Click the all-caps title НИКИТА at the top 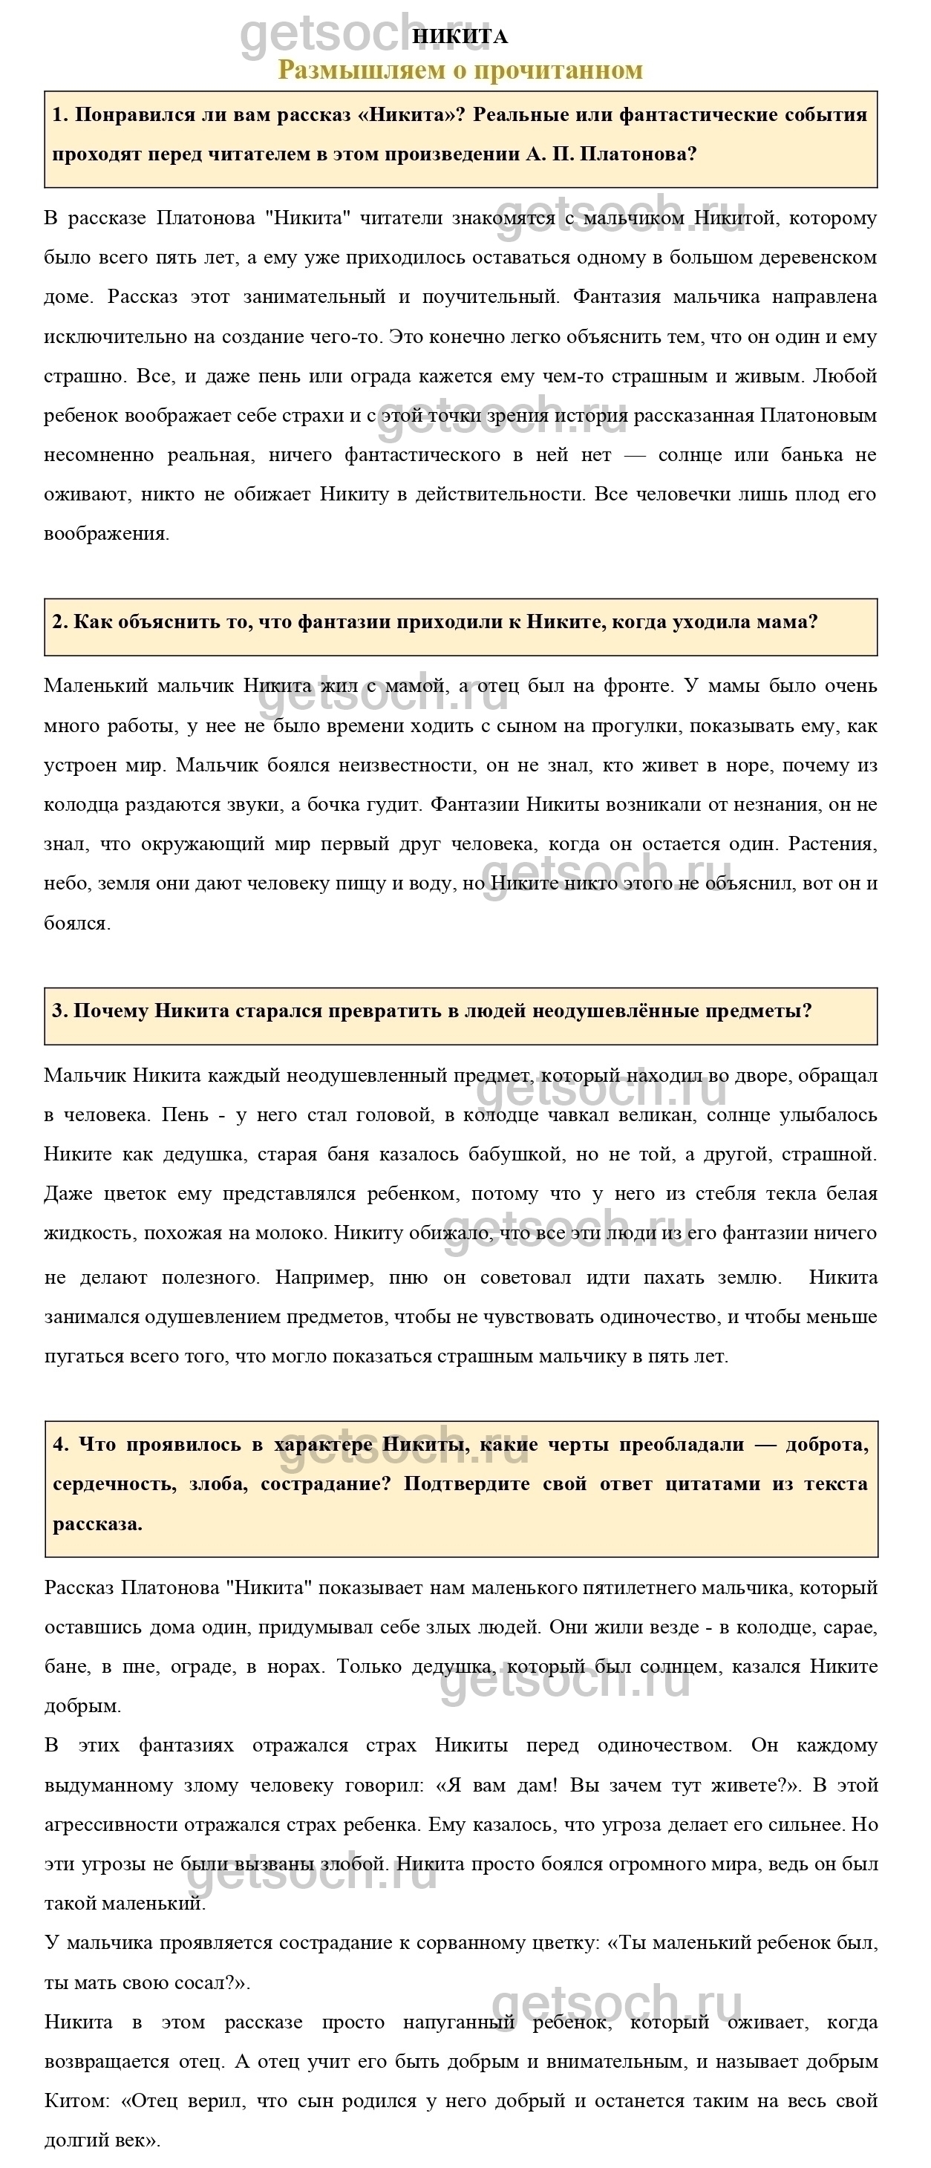click(x=460, y=37)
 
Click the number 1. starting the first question click(x=60, y=115)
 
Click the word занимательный click(x=314, y=297)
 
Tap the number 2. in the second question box click(x=60, y=622)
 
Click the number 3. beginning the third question click(x=60, y=1010)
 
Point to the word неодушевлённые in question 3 click(x=633, y=1010)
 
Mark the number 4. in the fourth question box click(x=61, y=1444)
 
